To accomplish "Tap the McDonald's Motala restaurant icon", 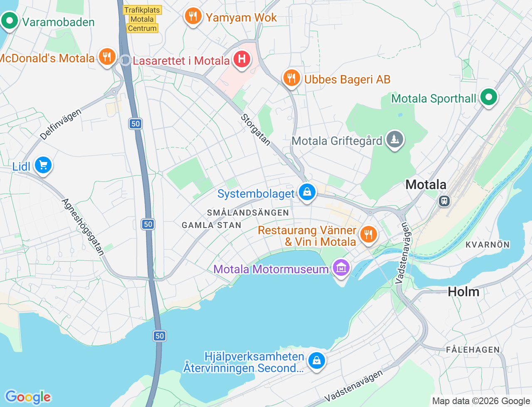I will [107, 56].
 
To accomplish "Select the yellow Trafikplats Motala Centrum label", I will [142, 19].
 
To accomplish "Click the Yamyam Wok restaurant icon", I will [193, 16].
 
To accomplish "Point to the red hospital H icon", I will [241, 59].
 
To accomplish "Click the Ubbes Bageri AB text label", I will [347, 79].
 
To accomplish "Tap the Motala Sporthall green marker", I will [488, 97].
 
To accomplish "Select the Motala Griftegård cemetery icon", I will [394, 139].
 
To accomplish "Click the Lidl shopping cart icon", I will [43, 165].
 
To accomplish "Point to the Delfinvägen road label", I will [61, 124].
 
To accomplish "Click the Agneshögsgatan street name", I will [83, 227].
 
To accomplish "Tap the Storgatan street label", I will [256, 130].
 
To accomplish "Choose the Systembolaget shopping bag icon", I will [307, 192].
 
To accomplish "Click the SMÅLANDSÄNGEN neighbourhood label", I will [248, 213].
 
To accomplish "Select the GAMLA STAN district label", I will [212, 225].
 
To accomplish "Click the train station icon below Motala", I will [444, 201].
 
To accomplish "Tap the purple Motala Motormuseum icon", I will [341, 268].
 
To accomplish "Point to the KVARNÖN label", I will [488, 245].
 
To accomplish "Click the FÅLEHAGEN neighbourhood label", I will [473, 350].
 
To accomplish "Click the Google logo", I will [28, 397].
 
